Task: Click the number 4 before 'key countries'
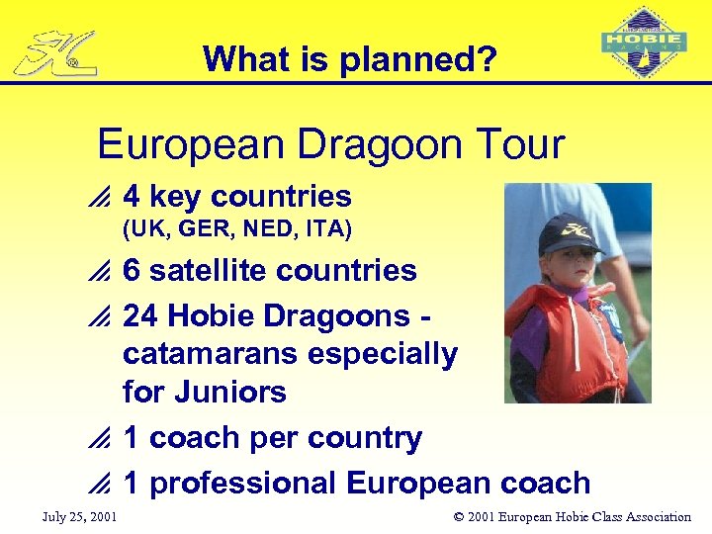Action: [132, 197]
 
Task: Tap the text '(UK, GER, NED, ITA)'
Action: [236, 229]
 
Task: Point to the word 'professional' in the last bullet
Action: [243, 483]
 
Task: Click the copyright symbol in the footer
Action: [458, 516]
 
